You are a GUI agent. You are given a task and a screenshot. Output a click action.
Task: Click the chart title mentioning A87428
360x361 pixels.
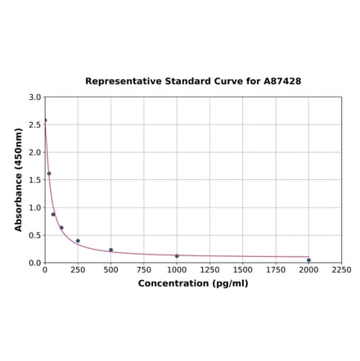point(193,82)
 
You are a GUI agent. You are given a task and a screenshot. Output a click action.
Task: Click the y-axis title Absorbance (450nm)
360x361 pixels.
point(19,179)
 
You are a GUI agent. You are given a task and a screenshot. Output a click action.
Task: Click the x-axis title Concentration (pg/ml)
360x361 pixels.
point(193,283)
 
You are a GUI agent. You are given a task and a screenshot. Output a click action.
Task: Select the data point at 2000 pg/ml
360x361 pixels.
point(308,260)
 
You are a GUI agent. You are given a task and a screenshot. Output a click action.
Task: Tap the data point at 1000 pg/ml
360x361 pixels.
point(177,256)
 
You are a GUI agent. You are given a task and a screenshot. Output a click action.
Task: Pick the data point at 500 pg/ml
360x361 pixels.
point(111,250)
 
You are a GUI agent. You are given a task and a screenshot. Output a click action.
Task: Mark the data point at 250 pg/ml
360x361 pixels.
point(78,241)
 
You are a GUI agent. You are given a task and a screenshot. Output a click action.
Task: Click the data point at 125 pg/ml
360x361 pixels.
point(61,228)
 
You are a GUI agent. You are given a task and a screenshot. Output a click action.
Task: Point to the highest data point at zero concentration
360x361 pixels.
point(45,120)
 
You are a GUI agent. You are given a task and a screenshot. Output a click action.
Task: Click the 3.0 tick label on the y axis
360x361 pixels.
point(35,97)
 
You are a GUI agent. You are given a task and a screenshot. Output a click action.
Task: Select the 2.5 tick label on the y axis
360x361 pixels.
point(35,125)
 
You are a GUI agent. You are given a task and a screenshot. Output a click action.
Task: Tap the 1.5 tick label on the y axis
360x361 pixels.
point(35,180)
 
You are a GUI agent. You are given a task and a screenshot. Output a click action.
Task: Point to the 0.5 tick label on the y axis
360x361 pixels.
point(35,236)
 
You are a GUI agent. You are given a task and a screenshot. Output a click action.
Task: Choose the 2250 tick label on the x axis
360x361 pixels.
point(342,270)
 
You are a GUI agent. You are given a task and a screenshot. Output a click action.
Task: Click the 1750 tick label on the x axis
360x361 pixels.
point(276,270)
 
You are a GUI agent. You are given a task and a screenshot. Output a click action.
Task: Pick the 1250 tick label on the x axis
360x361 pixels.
point(209,270)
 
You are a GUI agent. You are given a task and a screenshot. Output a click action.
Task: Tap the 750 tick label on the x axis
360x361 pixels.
point(144,270)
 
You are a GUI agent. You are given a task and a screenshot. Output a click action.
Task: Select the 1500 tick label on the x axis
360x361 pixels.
point(243,270)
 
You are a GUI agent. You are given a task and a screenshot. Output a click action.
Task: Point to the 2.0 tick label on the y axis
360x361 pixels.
point(35,152)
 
